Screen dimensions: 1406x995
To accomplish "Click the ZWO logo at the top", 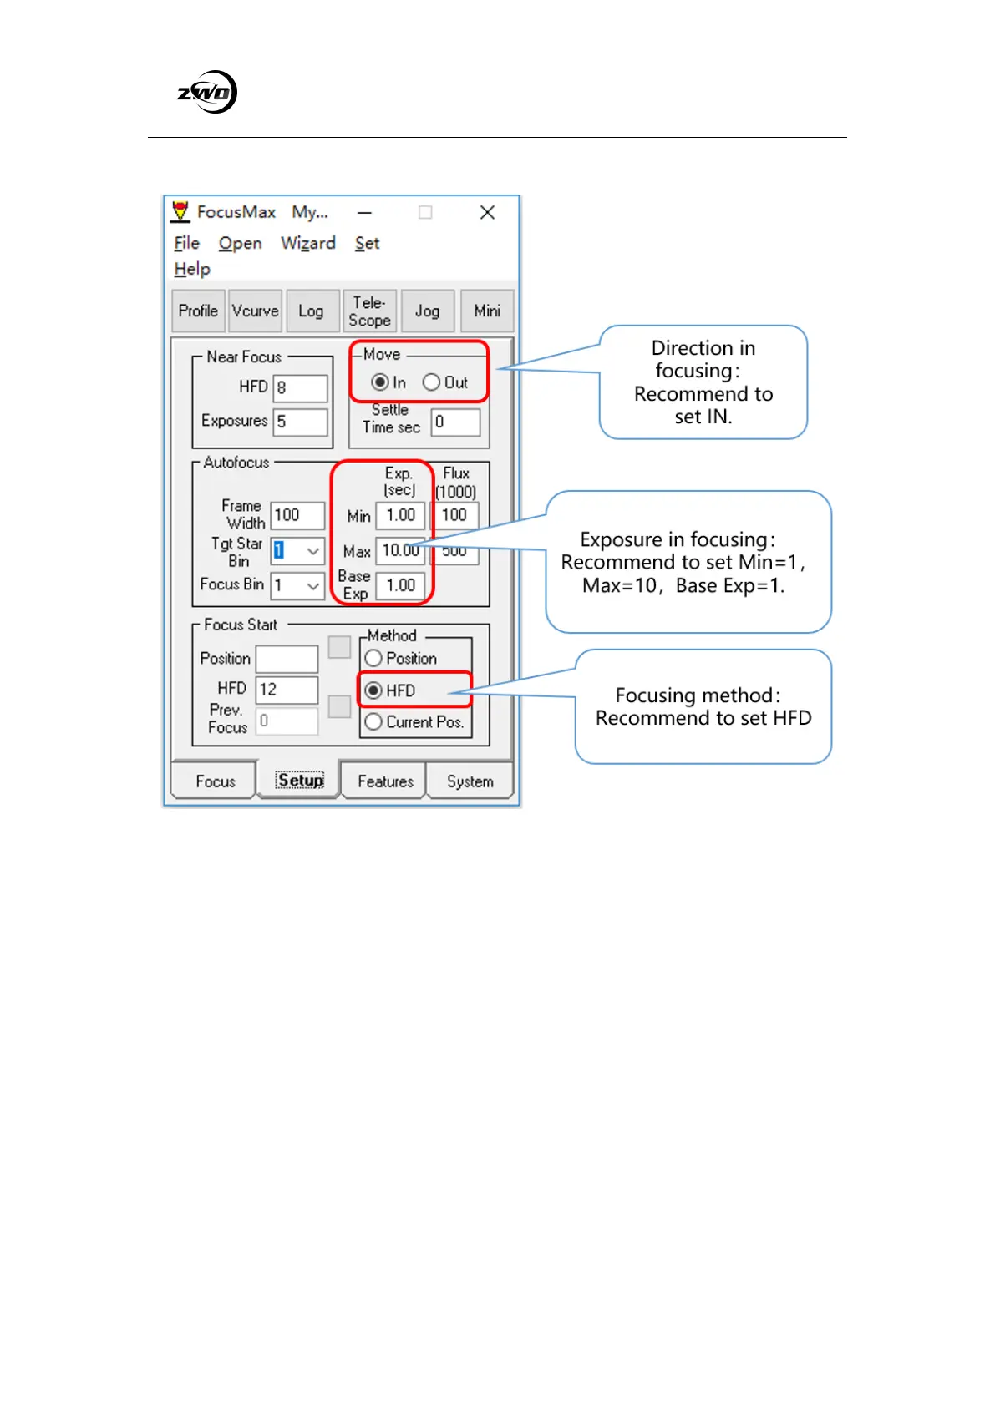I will pyautogui.click(x=207, y=92).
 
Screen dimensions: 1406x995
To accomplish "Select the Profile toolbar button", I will pyautogui.click(x=198, y=311).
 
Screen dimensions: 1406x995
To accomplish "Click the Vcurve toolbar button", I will pyautogui.click(x=255, y=311).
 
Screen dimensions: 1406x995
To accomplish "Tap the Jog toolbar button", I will pyautogui.click(x=427, y=311).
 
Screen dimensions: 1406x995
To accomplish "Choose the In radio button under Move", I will pyautogui.click(x=380, y=382).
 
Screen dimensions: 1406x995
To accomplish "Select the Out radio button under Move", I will pyautogui.click(x=431, y=382).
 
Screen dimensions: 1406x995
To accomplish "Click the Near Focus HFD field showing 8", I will pyautogui.click(x=300, y=388).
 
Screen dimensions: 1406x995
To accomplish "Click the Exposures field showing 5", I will pyautogui.click(x=300, y=422).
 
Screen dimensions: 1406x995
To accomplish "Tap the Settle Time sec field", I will pyautogui.click(x=455, y=422).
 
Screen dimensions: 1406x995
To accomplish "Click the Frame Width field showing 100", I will pyautogui.click(x=297, y=515).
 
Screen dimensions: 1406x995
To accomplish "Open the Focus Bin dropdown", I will pyautogui.click(x=312, y=586).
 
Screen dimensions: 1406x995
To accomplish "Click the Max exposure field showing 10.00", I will pyautogui.click(x=400, y=551).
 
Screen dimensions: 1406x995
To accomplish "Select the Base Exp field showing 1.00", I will pyautogui.click(x=400, y=586).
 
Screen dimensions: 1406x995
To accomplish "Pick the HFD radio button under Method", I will pyautogui.click(x=373, y=690).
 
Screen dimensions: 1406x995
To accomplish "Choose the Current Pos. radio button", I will pyautogui.click(x=373, y=722).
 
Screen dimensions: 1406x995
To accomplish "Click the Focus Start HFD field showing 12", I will pyautogui.click(x=287, y=690).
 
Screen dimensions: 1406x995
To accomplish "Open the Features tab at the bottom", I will pyautogui.click(x=385, y=781).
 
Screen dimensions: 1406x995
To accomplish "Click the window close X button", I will pyautogui.click(x=487, y=212).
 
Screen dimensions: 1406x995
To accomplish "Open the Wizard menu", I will pyautogui.click(x=307, y=243).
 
